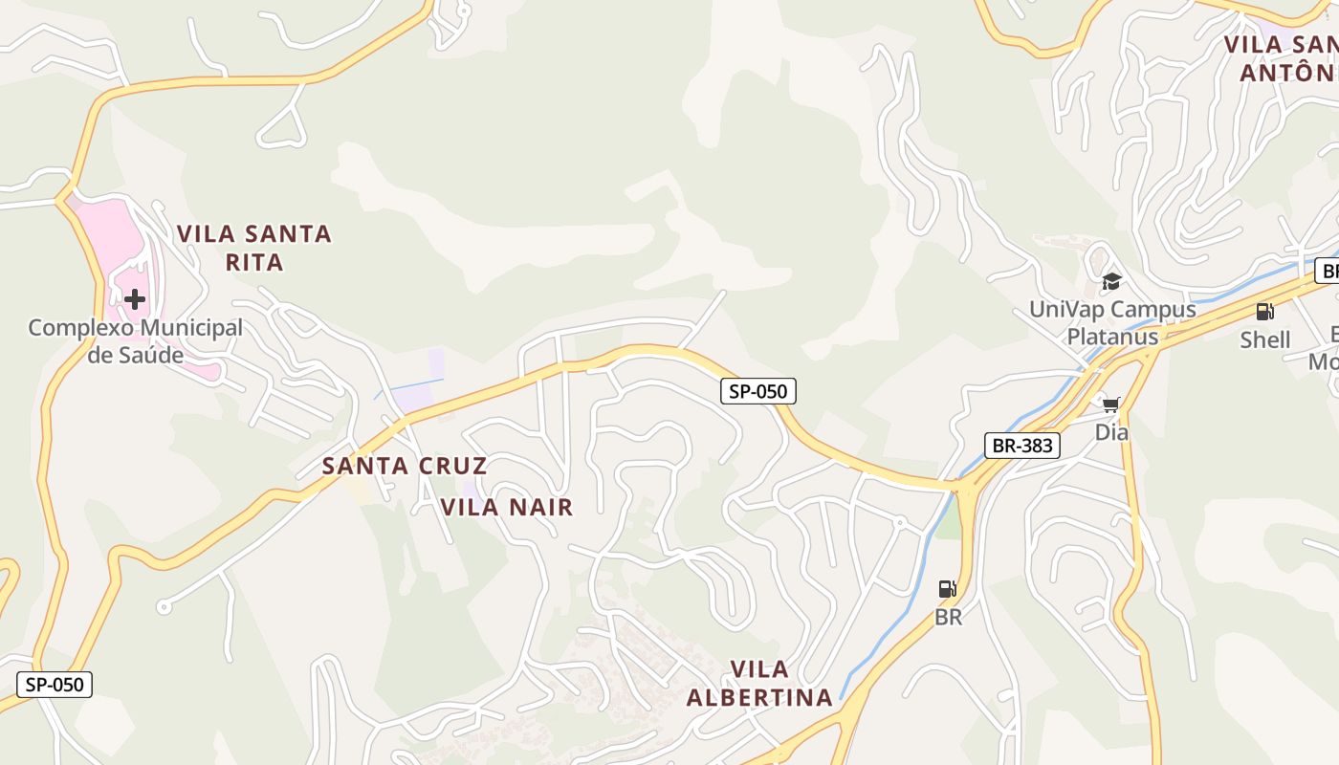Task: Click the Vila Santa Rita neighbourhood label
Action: [254, 248]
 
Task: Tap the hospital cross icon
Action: [135, 299]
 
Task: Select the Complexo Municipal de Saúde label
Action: [135, 341]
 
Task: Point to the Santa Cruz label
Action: [405, 467]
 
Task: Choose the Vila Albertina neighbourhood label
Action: [759, 684]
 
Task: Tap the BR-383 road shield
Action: [1022, 446]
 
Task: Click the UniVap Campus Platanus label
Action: [1112, 323]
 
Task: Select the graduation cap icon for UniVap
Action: [1111, 281]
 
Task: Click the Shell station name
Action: [1265, 339]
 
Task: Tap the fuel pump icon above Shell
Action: [1264, 312]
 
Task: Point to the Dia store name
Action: [1111, 432]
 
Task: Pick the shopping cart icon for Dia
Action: [1110, 405]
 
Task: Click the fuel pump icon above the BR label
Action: [947, 589]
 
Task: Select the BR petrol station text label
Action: [948, 618]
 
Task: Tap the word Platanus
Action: [1112, 337]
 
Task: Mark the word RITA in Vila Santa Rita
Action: [254, 262]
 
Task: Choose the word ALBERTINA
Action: [759, 698]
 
